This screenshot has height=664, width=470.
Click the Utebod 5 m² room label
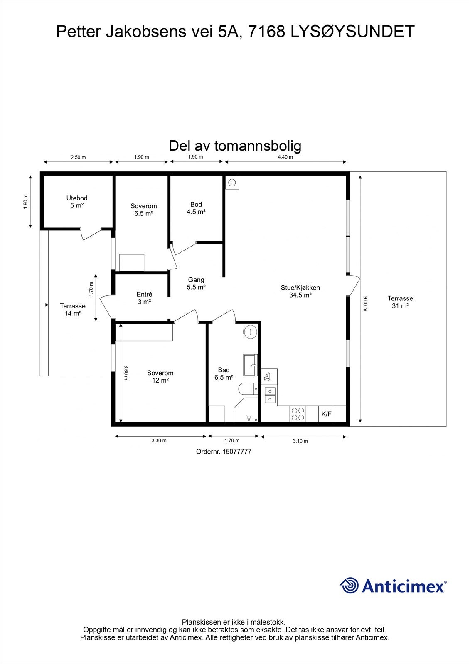coord(77,202)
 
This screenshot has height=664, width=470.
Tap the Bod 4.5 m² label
coord(196,208)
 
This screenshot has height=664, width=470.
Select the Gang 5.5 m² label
coord(196,283)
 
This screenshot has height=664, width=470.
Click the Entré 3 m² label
coord(144,298)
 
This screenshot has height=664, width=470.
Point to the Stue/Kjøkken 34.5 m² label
coord(300,291)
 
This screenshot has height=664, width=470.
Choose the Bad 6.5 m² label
coord(224,373)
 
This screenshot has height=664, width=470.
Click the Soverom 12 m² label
coord(160,376)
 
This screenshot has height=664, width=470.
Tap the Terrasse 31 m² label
coord(400,302)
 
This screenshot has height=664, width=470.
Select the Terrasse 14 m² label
coord(73,310)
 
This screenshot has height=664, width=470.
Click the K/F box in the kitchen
coord(326,414)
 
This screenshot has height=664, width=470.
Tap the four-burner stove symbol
coord(298,414)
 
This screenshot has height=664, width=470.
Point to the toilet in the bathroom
coord(248,389)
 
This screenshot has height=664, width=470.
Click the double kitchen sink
coord(270,395)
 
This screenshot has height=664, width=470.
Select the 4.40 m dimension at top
coord(285,157)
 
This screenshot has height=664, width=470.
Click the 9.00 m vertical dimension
coord(365,301)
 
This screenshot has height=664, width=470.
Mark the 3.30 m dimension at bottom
coord(159,441)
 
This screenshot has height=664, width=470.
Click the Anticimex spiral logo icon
coord(349,586)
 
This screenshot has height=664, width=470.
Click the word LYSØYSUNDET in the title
coord(352,32)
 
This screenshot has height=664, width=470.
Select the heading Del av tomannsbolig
coord(235,146)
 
